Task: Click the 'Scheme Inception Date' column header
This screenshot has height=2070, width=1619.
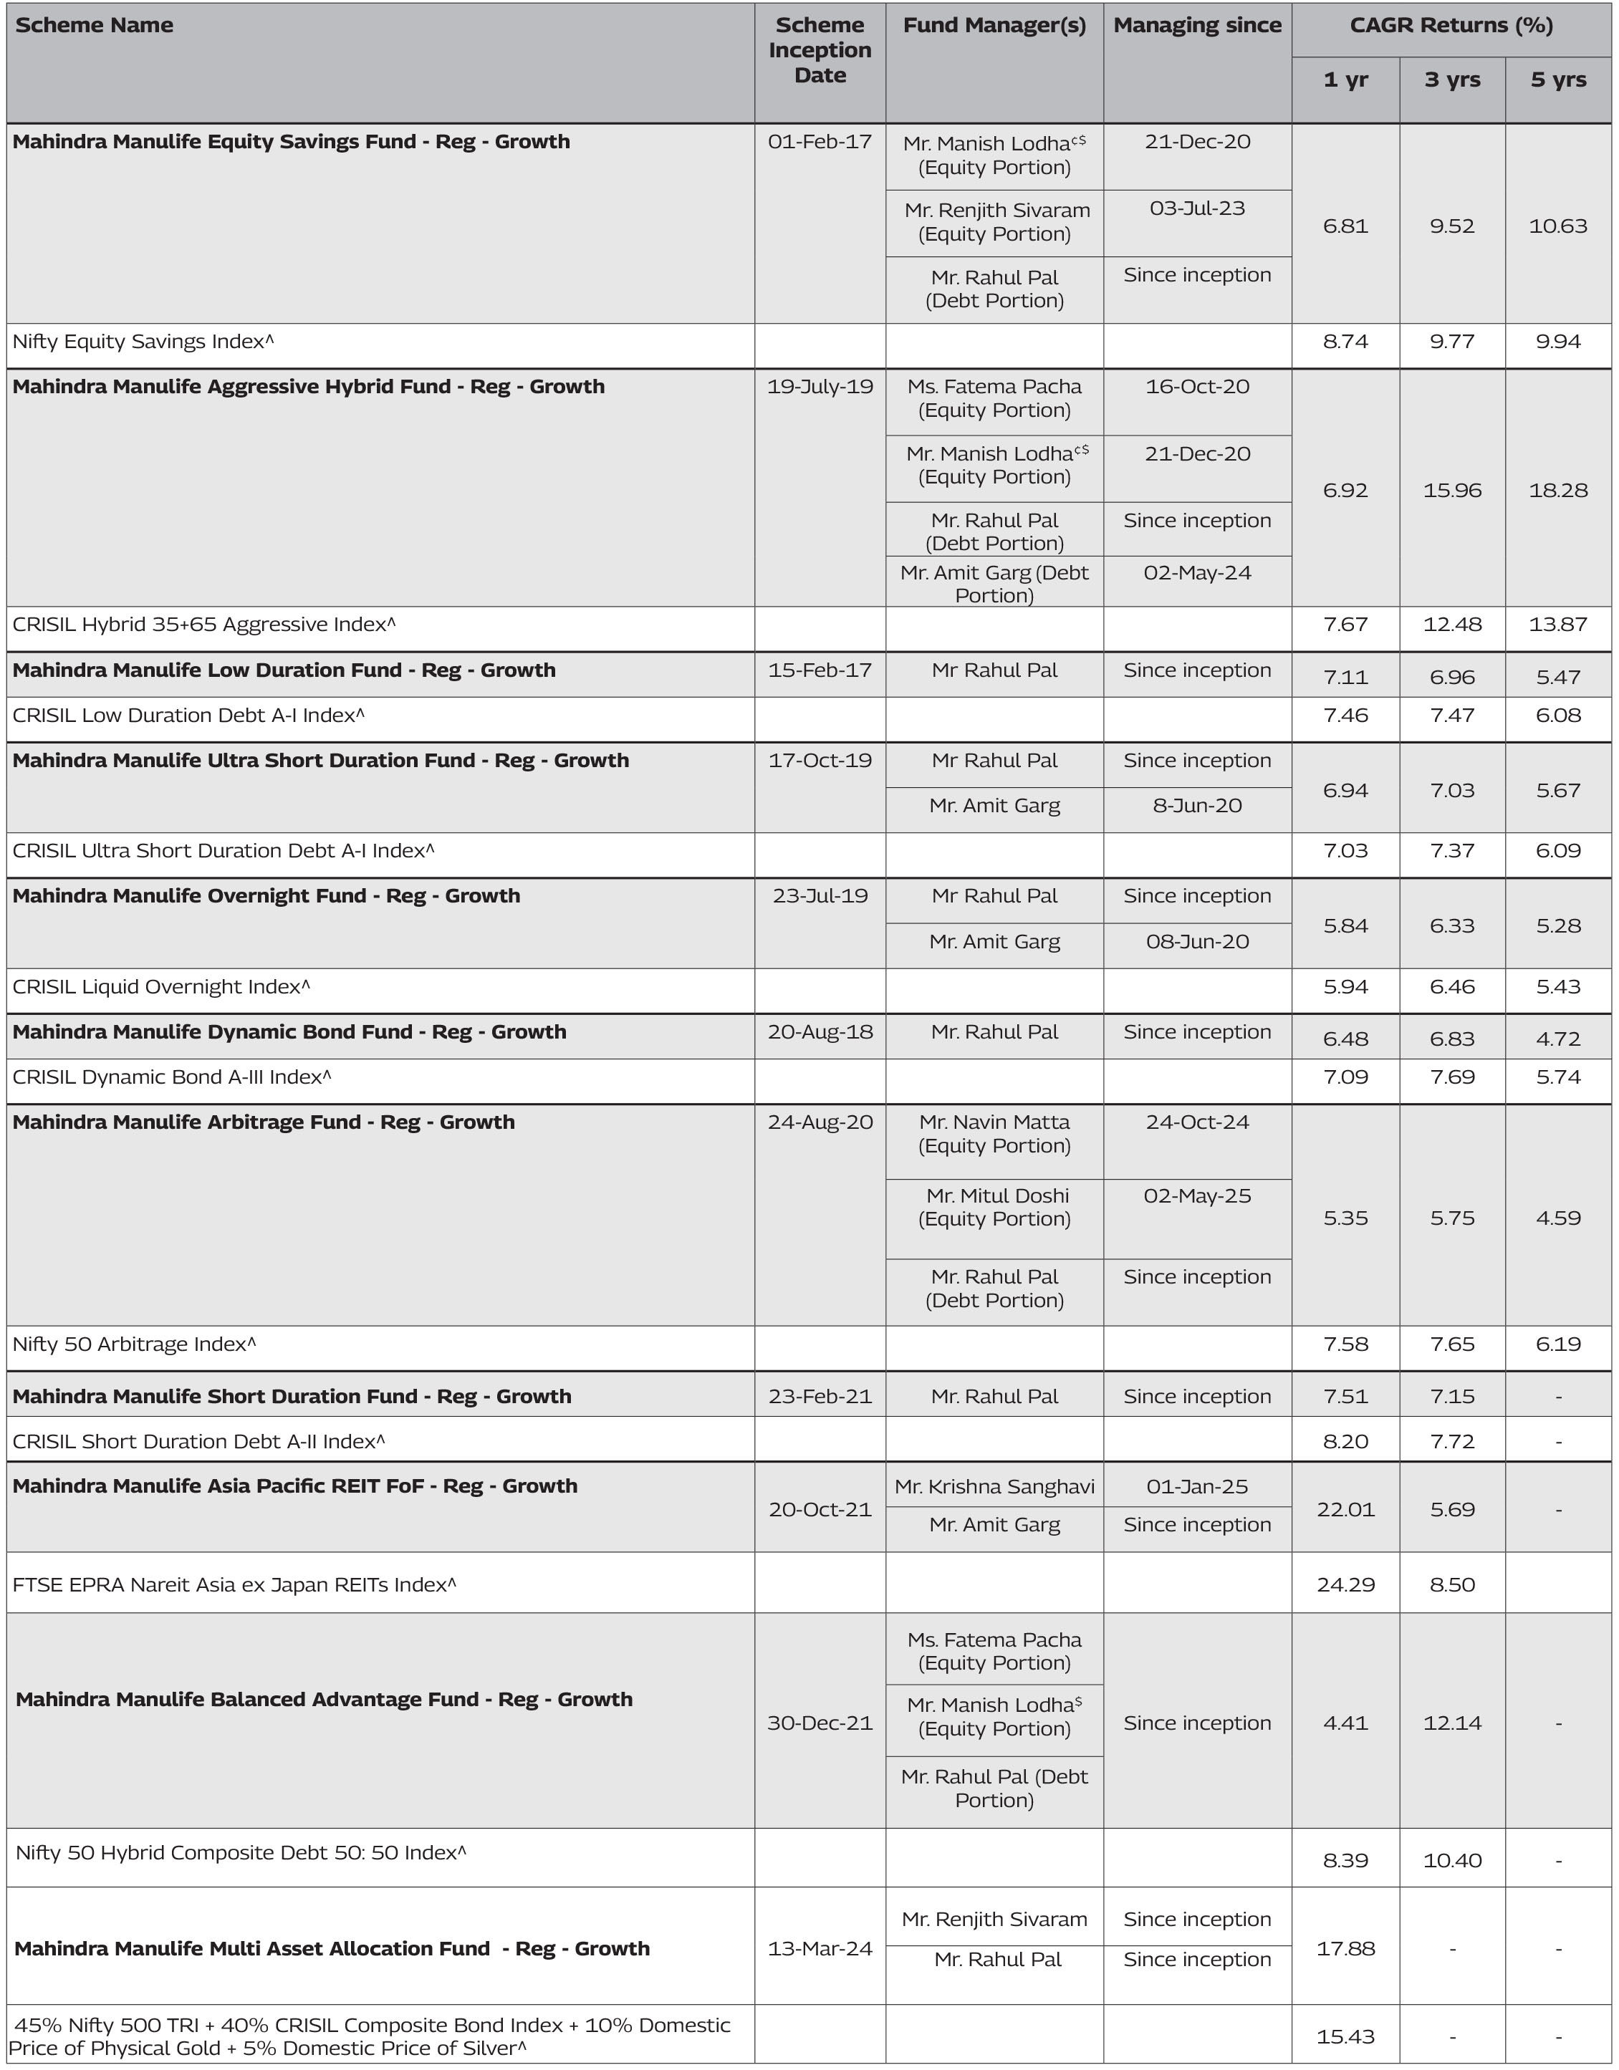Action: point(820,50)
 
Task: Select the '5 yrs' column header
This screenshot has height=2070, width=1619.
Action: point(1557,80)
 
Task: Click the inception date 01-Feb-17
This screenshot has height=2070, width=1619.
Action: point(820,142)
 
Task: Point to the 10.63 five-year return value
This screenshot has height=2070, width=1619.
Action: point(1557,226)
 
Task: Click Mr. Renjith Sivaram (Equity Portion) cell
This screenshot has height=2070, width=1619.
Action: point(995,222)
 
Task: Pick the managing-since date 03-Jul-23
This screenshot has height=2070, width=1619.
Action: point(1197,208)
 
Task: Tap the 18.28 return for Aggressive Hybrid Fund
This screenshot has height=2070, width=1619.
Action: point(1557,490)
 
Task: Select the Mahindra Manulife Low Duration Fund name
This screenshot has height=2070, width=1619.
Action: point(284,670)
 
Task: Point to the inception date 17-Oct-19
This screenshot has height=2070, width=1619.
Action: point(820,760)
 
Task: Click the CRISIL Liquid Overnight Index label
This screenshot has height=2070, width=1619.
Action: point(161,987)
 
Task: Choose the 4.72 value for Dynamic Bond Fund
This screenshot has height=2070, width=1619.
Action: point(1557,1039)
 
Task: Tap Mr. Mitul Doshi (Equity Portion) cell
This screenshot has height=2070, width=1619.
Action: point(995,1207)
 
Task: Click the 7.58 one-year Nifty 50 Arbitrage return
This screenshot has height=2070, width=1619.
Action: point(1346,1344)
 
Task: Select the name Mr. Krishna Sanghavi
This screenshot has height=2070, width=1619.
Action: point(995,1486)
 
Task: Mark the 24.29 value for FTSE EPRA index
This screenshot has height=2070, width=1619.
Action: point(1346,1584)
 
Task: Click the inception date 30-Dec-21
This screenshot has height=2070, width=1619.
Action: point(820,1723)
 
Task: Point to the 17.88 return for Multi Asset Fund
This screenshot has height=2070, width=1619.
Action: point(1346,1949)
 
